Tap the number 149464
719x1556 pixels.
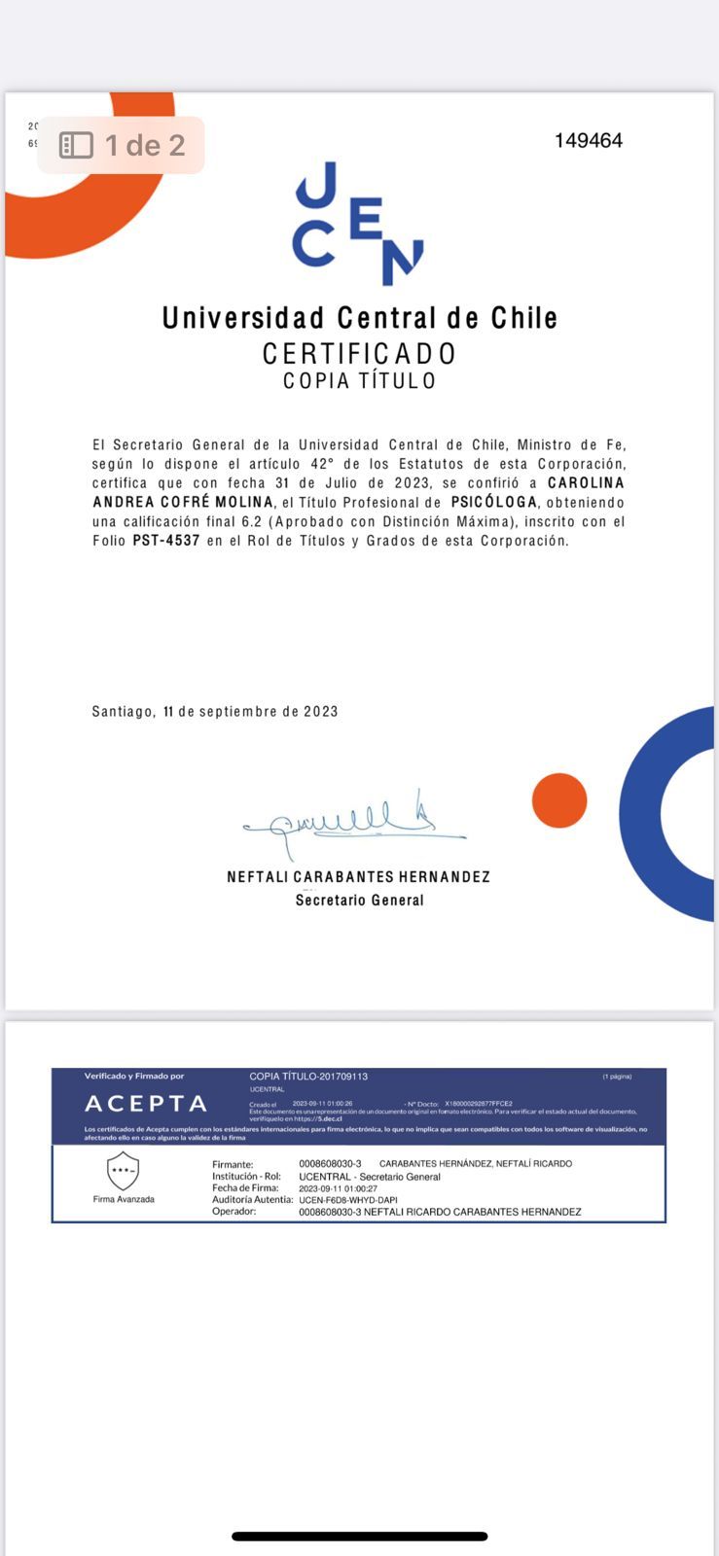[589, 141]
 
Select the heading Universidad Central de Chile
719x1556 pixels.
[360, 318]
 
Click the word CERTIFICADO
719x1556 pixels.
[359, 353]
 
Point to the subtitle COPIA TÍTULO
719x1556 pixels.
[359, 380]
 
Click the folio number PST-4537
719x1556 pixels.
[166, 541]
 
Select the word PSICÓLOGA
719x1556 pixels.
[494, 503]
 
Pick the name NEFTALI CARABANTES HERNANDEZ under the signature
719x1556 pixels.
[358, 877]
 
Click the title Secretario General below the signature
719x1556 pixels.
[359, 901]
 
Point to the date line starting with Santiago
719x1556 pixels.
[215, 712]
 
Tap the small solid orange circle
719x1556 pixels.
[559, 800]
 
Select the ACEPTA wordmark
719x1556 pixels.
[146, 1104]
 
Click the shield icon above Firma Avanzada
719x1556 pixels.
[123, 1171]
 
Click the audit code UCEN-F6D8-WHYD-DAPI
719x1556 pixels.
[348, 1200]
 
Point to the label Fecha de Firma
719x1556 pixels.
[245, 1188]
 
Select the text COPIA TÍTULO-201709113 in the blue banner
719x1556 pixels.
[308, 1077]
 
